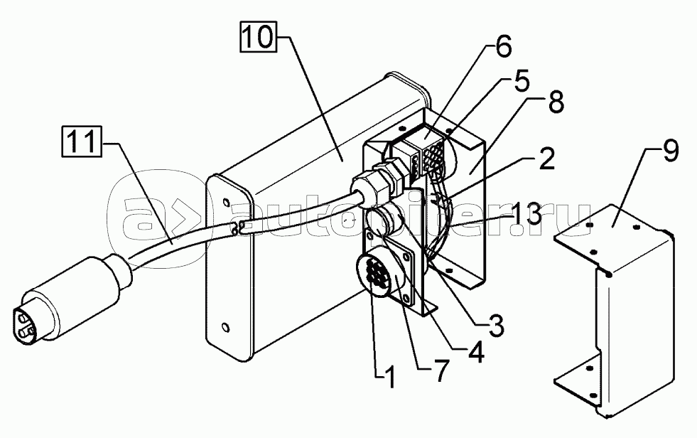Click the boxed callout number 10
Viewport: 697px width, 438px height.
[258, 37]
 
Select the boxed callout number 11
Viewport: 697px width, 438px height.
[81, 141]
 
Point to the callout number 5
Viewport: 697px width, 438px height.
[521, 83]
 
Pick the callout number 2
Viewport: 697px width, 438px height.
[546, 159]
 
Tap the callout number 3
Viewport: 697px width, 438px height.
[495, 325]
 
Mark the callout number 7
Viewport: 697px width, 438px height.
[438, 371]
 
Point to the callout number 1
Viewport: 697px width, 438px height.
[389, 375]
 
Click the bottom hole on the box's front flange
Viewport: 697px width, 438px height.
[226, 328]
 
